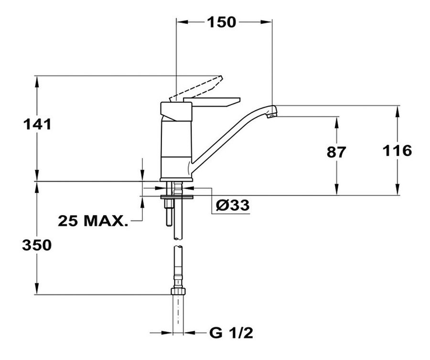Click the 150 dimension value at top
(x=221, y=22)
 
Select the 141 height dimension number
(x=37, y=124)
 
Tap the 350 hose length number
(x=37, y=245)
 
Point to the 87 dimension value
(x=336, y=152)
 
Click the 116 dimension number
(x=397, y=151)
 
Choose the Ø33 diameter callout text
(x=233, y=205)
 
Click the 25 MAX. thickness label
(x=93, y=220)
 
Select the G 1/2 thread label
(x=231, y=333)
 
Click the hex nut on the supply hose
(x=178, y=291)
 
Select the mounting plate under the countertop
(x=177, y=197)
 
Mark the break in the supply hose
(x=178, y=242)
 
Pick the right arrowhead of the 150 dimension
(x=266, y=22)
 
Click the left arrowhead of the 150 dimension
(x=182, y=22)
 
